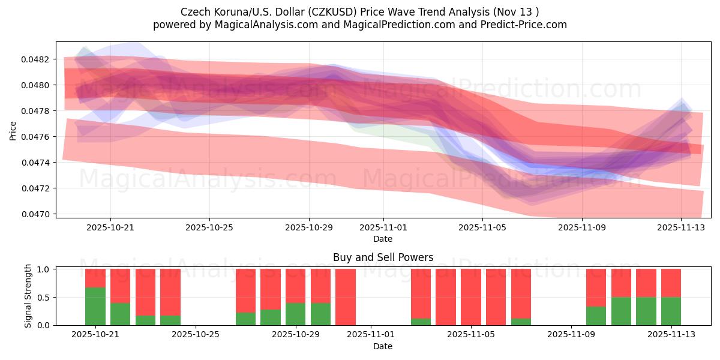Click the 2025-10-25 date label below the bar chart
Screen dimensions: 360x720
coord(196,335)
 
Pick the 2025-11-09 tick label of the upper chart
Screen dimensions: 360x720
coord(582,228)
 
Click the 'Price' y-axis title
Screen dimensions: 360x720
coord(13,131)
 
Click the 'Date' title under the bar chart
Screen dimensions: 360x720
coord(383,346)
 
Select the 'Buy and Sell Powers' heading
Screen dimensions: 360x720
coord(383,257)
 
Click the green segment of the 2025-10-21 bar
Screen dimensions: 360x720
coord(95,306)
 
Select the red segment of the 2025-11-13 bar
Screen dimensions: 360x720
coord(671,283)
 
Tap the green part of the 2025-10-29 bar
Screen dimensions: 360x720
coord(296,314)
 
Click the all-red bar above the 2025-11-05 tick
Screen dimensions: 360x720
coord(471,297)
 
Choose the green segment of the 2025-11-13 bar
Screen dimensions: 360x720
coord(671,311)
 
